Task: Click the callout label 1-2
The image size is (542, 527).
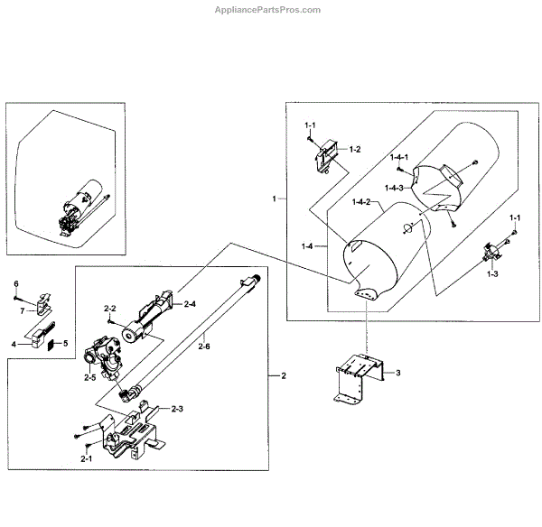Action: click(x=355, y=149)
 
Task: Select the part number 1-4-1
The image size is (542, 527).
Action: click(x=400, y=157)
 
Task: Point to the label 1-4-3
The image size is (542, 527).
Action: click(x=394, y=188)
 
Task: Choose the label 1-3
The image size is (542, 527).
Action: click(x=492, y=273)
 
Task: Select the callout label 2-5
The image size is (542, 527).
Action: click(x=90, y=376)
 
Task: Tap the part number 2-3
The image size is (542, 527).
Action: click(x=175, y=409)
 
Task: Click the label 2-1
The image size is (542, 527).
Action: click(x=86, y=459)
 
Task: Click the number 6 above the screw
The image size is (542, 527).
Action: click(x=15, y=284)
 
